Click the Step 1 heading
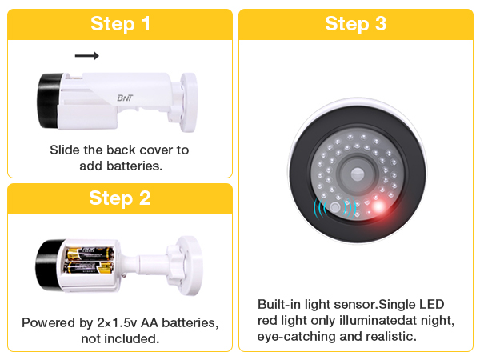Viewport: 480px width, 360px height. [x=120, y=23]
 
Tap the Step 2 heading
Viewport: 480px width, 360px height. [x=120, y=198]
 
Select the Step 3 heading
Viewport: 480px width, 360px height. [x=355, y=23]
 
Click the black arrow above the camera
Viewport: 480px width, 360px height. [x=87, y=56]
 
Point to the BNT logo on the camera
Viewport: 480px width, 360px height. [x=125, y=98]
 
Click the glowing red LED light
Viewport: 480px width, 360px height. [x=378, y=206]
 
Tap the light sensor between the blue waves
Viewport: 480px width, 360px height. [x=335, y=207]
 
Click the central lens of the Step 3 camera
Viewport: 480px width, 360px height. [x=357, y=174]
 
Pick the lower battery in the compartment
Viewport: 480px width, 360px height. [x=89, y=267]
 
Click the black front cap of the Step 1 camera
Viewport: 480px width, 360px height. [x=49, y=101]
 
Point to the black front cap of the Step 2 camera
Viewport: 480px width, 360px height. [x=48, y=265]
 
